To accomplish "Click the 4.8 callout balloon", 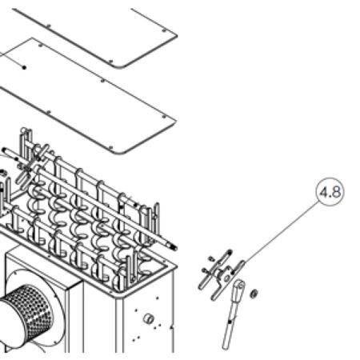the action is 330,192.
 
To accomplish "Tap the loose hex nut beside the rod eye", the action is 254,294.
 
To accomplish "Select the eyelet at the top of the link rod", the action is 240,286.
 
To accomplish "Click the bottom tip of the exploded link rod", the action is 226,346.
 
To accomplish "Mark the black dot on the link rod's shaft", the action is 230,322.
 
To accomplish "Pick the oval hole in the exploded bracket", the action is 226,278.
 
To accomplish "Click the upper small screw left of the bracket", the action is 211,258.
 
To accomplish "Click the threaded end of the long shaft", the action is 174,247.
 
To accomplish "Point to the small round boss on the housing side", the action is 149,318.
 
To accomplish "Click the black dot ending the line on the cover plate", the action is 24,67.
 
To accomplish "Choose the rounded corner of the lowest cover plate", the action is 119,152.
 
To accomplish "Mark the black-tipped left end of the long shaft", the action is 4,150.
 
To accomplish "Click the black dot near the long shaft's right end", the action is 135,205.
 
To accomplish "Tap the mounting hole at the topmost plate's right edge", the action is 164,30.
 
